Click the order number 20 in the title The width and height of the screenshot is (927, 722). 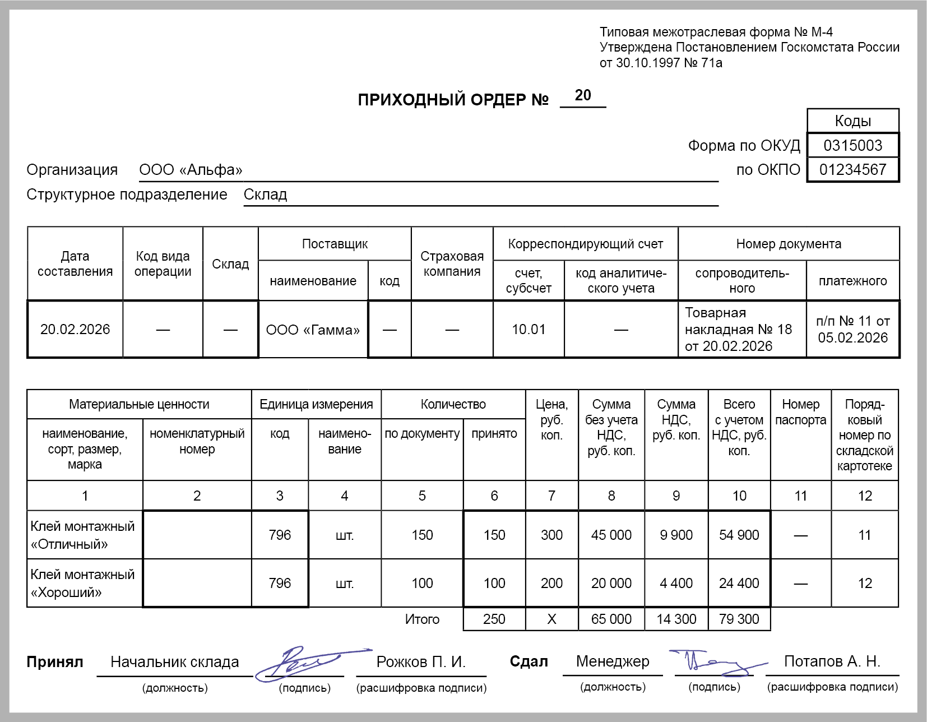[583, 95]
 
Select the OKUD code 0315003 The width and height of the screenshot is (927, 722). [852, 146]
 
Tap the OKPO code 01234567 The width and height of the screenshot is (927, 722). [852, 170]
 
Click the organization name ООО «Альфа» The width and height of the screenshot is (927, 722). [191, 170]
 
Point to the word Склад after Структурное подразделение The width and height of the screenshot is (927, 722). [265, 195]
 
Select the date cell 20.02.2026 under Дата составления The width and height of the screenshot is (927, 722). [75, 330]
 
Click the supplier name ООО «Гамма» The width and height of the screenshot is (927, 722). [313, 330]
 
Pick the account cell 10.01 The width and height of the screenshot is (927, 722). [529, 330]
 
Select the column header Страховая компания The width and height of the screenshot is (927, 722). [452, 264]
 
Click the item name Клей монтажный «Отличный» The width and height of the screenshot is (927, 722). [82, 535]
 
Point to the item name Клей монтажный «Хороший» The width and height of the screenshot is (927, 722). [82, 584]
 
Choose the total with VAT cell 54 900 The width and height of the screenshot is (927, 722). [739, 535]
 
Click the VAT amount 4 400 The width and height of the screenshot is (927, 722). [676, 584]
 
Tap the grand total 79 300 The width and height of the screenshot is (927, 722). [739, 619]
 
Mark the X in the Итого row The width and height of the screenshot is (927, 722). [551, 619]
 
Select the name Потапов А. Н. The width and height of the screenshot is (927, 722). [832, 662]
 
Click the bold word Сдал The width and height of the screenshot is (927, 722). [529, 662]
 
